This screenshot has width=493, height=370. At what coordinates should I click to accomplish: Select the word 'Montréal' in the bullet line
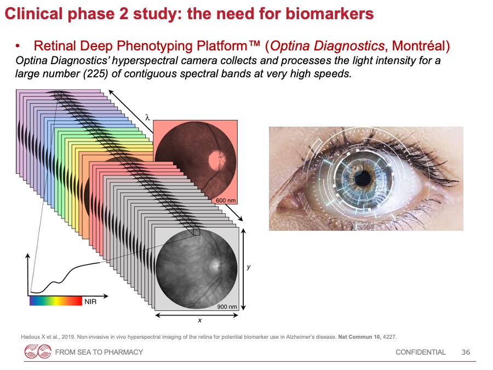pyautogui.click(x=419, y=46)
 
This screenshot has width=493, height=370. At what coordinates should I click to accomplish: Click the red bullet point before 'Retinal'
pyautogui.click(x=18, y=47)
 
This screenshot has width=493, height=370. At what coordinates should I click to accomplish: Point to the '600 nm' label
pyautogui.click(x=226, y=201)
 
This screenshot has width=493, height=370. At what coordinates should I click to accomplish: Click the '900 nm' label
pyautogui.click(x=227, y=306)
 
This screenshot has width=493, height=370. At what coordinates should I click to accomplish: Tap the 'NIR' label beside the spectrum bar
pyautogui.click(x=90, y=301)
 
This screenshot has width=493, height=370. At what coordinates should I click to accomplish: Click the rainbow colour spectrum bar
pyautogui.click(x=56, y=301)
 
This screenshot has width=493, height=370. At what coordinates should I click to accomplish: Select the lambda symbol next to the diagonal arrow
pyautogui.click(x=147, y=118)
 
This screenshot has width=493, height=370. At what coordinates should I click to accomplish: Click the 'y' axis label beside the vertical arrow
pyautogui.click(x=249, y=267)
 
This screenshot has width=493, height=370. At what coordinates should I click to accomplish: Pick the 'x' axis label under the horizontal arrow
pyautogui.click(x=199, y=320)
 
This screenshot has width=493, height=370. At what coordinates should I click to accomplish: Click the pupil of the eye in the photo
pyautogui.click(x=363, y=178)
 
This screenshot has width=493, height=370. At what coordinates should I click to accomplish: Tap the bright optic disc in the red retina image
pyautogui.click(x=216, y=159)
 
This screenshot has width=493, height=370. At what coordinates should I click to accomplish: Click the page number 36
pyautogui.click(x=466, y=352)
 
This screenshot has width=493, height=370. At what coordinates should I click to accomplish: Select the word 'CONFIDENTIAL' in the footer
pyautogui.click(x=420, y=352)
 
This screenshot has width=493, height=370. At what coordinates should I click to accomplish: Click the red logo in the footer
pyautogui.click(x=38, y=351)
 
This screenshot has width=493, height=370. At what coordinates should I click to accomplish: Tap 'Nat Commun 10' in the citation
pyautogui.click(x=359, y=337)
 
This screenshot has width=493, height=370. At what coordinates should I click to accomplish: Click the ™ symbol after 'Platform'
pyautogui.click(x=254, y=44)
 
